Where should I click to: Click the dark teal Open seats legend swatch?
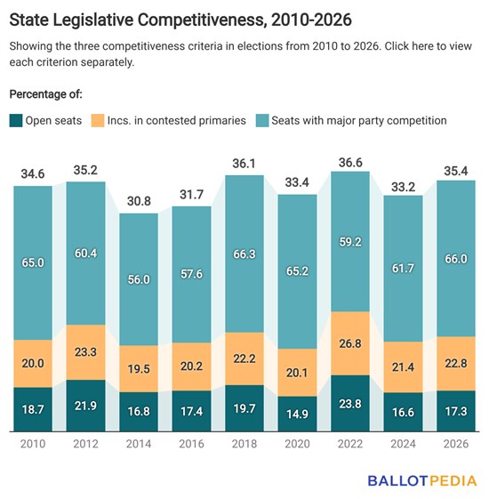16,121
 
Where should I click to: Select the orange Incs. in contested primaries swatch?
98,121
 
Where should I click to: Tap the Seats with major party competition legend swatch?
262,121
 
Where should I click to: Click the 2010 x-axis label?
33,444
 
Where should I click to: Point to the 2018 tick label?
244,444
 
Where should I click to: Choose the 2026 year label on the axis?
456,444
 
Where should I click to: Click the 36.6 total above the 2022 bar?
350,163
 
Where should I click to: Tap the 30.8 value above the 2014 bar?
139,201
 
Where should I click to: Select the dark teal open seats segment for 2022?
350,403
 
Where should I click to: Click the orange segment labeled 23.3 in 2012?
86,352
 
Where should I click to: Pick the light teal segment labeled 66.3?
244,254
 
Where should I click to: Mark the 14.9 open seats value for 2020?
297,414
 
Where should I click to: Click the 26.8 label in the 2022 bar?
350,343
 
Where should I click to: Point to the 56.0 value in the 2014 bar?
139,279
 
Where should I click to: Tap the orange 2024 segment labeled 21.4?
403,367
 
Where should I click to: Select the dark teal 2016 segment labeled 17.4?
191,411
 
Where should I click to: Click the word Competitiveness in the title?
201,20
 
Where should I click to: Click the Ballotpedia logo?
422,480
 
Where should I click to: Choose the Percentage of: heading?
46,94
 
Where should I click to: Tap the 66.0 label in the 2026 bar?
456,259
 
